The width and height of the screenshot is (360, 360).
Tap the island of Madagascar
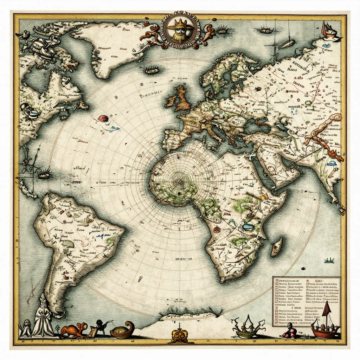[x=277, y=246]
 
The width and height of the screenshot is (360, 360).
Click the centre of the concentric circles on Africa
[x=179, y=181]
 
